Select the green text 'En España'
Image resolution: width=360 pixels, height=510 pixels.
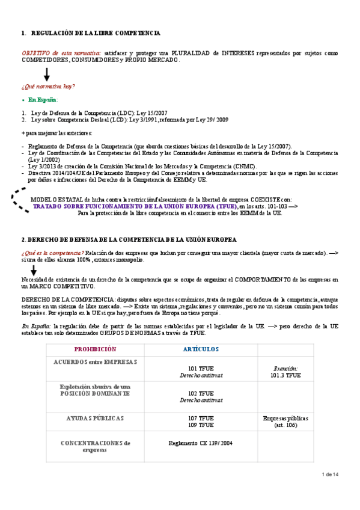(x=42, y=99)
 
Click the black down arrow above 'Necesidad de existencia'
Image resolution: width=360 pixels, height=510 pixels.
(x=34, y=270)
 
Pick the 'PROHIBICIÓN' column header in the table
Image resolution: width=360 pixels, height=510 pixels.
(x=94, y=349)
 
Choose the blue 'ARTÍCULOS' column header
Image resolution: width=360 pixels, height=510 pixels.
(x=201, y=349)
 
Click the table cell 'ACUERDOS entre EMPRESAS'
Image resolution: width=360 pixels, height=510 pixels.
(x=95, y=361)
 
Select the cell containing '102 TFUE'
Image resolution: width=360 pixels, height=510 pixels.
(x=201, y=396)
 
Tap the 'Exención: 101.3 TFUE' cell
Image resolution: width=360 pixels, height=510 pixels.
(x=285, y=371)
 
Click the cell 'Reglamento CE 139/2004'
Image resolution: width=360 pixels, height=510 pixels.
(x=201, y=443)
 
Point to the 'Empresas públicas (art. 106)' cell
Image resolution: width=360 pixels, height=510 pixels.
(x=285, y=421)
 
